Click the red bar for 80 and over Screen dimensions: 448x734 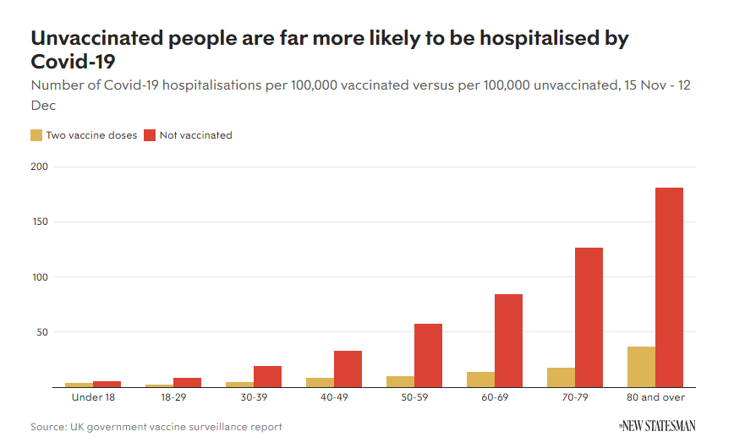tap(669, 287)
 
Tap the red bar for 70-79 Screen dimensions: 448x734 tap(589, 317)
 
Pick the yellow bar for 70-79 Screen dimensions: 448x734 tap(561, 377)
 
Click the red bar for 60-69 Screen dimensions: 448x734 tap(508, 341)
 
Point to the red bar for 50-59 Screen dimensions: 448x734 tap(428, 355)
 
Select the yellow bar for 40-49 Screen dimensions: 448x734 tap(320, 382)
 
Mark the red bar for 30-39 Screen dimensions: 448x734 tap(267, 376)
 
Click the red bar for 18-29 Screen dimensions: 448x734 tap(187, 382)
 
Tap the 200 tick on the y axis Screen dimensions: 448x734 tap(39, 167)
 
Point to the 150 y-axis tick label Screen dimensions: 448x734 tap(39, 222)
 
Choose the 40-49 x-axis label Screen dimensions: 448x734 tap(334, 397)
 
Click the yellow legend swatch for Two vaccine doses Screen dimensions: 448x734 tap(36, 134)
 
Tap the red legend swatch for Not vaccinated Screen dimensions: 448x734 tap(150, 134)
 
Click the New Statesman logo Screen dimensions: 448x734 tap(656, 425)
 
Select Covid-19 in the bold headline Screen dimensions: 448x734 tap(73, 62)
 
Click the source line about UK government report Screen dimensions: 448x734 tap(156, 427)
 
